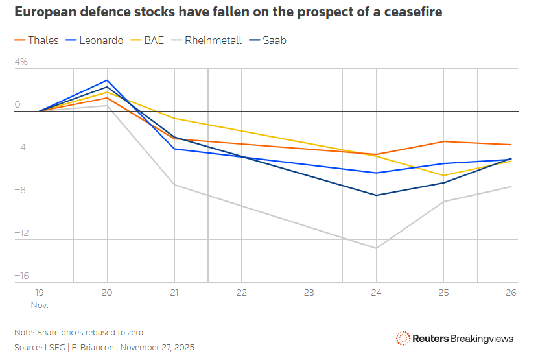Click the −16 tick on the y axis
22,276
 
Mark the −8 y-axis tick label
22,191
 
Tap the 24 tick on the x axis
376,293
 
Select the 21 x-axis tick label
174,293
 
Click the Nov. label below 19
40,304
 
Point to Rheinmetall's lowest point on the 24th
376,248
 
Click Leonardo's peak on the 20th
107,80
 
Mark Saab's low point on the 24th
376,195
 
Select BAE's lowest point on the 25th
443,176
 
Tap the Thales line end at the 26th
511,145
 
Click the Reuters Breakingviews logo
455,339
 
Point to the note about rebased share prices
78,333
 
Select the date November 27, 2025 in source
158,348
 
